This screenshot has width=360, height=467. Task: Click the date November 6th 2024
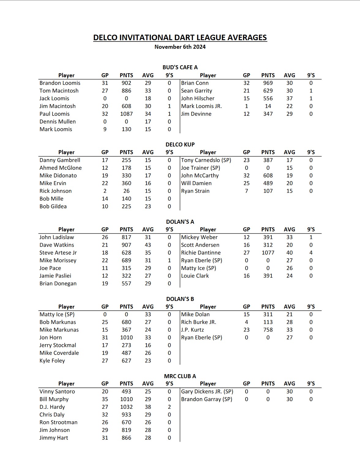point(180,47)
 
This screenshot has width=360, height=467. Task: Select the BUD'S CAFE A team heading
point(180,67)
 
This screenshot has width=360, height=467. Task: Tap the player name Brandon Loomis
point(60,83)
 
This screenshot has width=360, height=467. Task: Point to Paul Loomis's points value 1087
point(126,114)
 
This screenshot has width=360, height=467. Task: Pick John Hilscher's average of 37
point(289,98)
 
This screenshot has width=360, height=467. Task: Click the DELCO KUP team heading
point(180,145)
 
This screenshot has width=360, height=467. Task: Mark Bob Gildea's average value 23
point(148,207)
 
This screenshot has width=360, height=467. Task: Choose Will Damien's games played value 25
point(246,183)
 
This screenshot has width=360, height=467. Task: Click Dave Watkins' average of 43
point(148,245)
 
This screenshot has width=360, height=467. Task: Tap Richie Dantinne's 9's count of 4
point(311,253)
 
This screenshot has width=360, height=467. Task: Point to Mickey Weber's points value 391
point(268,237)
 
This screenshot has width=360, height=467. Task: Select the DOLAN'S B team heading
point(180,299)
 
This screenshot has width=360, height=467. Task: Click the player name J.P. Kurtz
point(192,330)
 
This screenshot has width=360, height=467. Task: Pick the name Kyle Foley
point(52,361)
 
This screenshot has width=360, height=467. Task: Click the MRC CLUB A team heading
point(180,376)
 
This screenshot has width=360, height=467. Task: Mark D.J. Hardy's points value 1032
point(126,407)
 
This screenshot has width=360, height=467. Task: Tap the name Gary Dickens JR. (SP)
point(207,392)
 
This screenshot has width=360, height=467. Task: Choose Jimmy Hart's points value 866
point(126,438)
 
